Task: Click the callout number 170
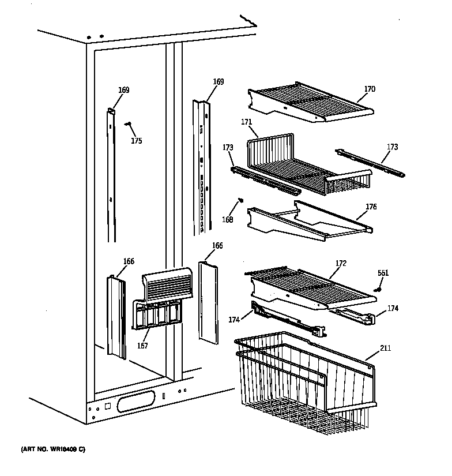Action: click(x=370, y=89)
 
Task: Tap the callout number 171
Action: click(x=246, y=122)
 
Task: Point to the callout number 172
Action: click(x=340, y=263)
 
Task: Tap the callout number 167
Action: click(x=142, y=346)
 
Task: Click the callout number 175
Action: click(x=136, y=141)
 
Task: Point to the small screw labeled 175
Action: click(x=129, y=124)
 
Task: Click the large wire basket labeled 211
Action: click(x=306, y=387)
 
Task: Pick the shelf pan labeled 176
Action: click(x=306, y=222)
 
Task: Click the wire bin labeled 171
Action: click(x=300, y=164)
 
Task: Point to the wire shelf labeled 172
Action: click(x=311, y=286)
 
